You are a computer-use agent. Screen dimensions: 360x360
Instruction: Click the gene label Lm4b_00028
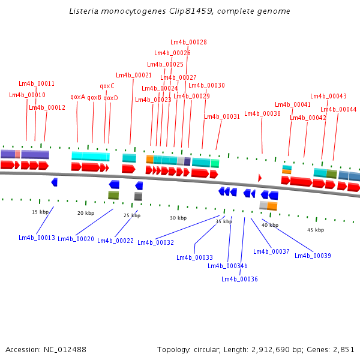pos(188,42)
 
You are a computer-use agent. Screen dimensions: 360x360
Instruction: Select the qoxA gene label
pos(78,97)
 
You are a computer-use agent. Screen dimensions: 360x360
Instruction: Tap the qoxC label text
pos(107,86)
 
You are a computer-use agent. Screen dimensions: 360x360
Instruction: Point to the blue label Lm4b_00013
pos(37,238)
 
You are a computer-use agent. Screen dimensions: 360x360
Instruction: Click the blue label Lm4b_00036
pos(239,279)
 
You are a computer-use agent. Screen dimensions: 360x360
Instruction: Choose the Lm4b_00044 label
pos(338,110)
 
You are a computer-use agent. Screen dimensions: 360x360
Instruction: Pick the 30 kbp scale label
pos(178,218)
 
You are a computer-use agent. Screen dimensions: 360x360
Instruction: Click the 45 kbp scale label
pos(316,230)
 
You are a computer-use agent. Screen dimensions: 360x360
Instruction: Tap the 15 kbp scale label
pos(40,212)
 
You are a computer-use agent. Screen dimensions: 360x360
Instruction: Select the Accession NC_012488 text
pos(46,349)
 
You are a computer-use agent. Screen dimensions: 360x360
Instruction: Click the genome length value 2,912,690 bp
pos(277,349)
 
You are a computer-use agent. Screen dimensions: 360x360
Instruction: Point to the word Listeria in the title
pos(84,11)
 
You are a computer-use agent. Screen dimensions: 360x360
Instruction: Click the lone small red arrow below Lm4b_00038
pos(260,178)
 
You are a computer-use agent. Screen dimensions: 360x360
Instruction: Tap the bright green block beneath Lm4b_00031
pos(215,163)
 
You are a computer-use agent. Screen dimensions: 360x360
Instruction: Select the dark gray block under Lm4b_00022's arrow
pos(138,197)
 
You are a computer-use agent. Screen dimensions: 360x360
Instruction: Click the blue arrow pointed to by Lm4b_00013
pos(55,182)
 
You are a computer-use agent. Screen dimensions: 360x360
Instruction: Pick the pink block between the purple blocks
pos(17,154)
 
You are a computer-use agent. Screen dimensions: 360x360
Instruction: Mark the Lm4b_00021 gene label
pos(134,76)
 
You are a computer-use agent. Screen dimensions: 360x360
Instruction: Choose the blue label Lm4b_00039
pos(313,256)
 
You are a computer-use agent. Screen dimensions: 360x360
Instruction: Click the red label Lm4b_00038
pos(262,113)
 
